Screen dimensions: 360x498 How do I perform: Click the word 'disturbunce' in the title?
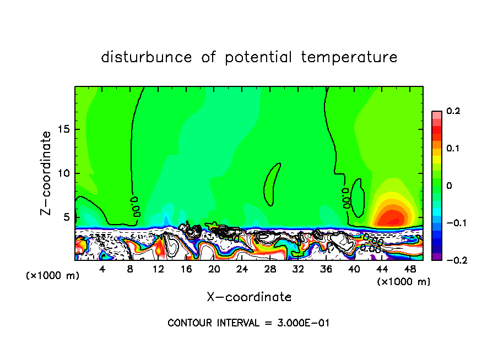click(147, 57)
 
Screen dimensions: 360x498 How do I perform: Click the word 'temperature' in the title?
click(349, 57)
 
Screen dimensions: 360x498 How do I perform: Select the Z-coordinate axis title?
click(46, 173)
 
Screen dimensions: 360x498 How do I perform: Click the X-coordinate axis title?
click(249, 297)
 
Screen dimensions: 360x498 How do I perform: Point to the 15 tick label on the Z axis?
click(64, 130)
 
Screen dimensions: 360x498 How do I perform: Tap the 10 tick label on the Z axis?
click(64, 173)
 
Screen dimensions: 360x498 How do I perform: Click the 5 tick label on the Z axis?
click(67, 217)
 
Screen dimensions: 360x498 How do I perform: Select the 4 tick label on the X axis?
click(102, 269)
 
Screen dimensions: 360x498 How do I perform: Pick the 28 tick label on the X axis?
click(270, 269)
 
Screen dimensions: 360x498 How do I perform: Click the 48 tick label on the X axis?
click(410, 269)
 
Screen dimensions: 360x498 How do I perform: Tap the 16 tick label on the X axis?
click(186, 269)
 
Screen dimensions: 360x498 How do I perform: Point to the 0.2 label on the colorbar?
click(453, 112)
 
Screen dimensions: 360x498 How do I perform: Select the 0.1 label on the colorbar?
click(453, 149)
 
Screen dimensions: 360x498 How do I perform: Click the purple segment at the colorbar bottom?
click(437, 256)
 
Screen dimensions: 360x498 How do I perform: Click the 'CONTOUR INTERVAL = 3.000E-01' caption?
click(248, 323)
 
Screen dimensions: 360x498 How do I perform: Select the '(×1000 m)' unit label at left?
click(53, 276)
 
